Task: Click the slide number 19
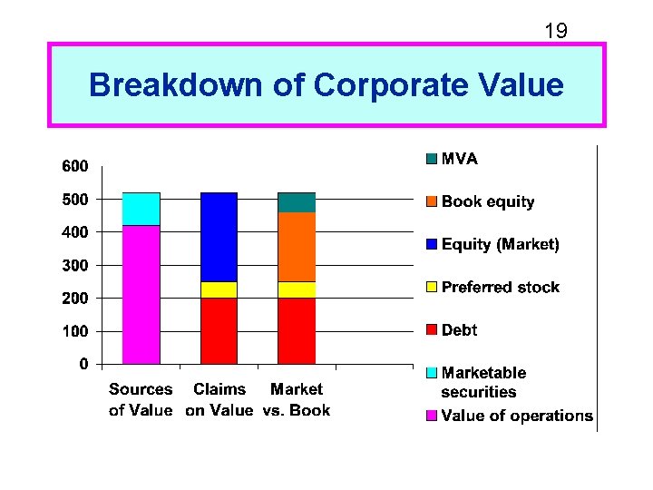[555, 32]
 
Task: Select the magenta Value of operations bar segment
[141, 295]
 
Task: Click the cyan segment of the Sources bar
[141, 209]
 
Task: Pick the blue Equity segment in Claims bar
[219, 237]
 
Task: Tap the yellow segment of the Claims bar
[219, 289]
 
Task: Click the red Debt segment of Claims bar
[219, 331]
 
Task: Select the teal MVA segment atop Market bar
[297, 202]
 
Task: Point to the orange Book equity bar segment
[297, 247]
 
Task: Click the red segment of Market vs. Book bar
[297, 331]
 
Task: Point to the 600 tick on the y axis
[75, 166]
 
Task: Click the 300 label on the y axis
[75, 265]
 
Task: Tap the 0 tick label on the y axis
[83, 364]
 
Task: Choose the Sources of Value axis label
[141, 399]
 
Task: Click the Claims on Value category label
[219, 399]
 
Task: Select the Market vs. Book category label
[297, 399]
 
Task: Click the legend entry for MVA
[459, 159]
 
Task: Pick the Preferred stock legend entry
[500, 287]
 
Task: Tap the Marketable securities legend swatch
[432, 373]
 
